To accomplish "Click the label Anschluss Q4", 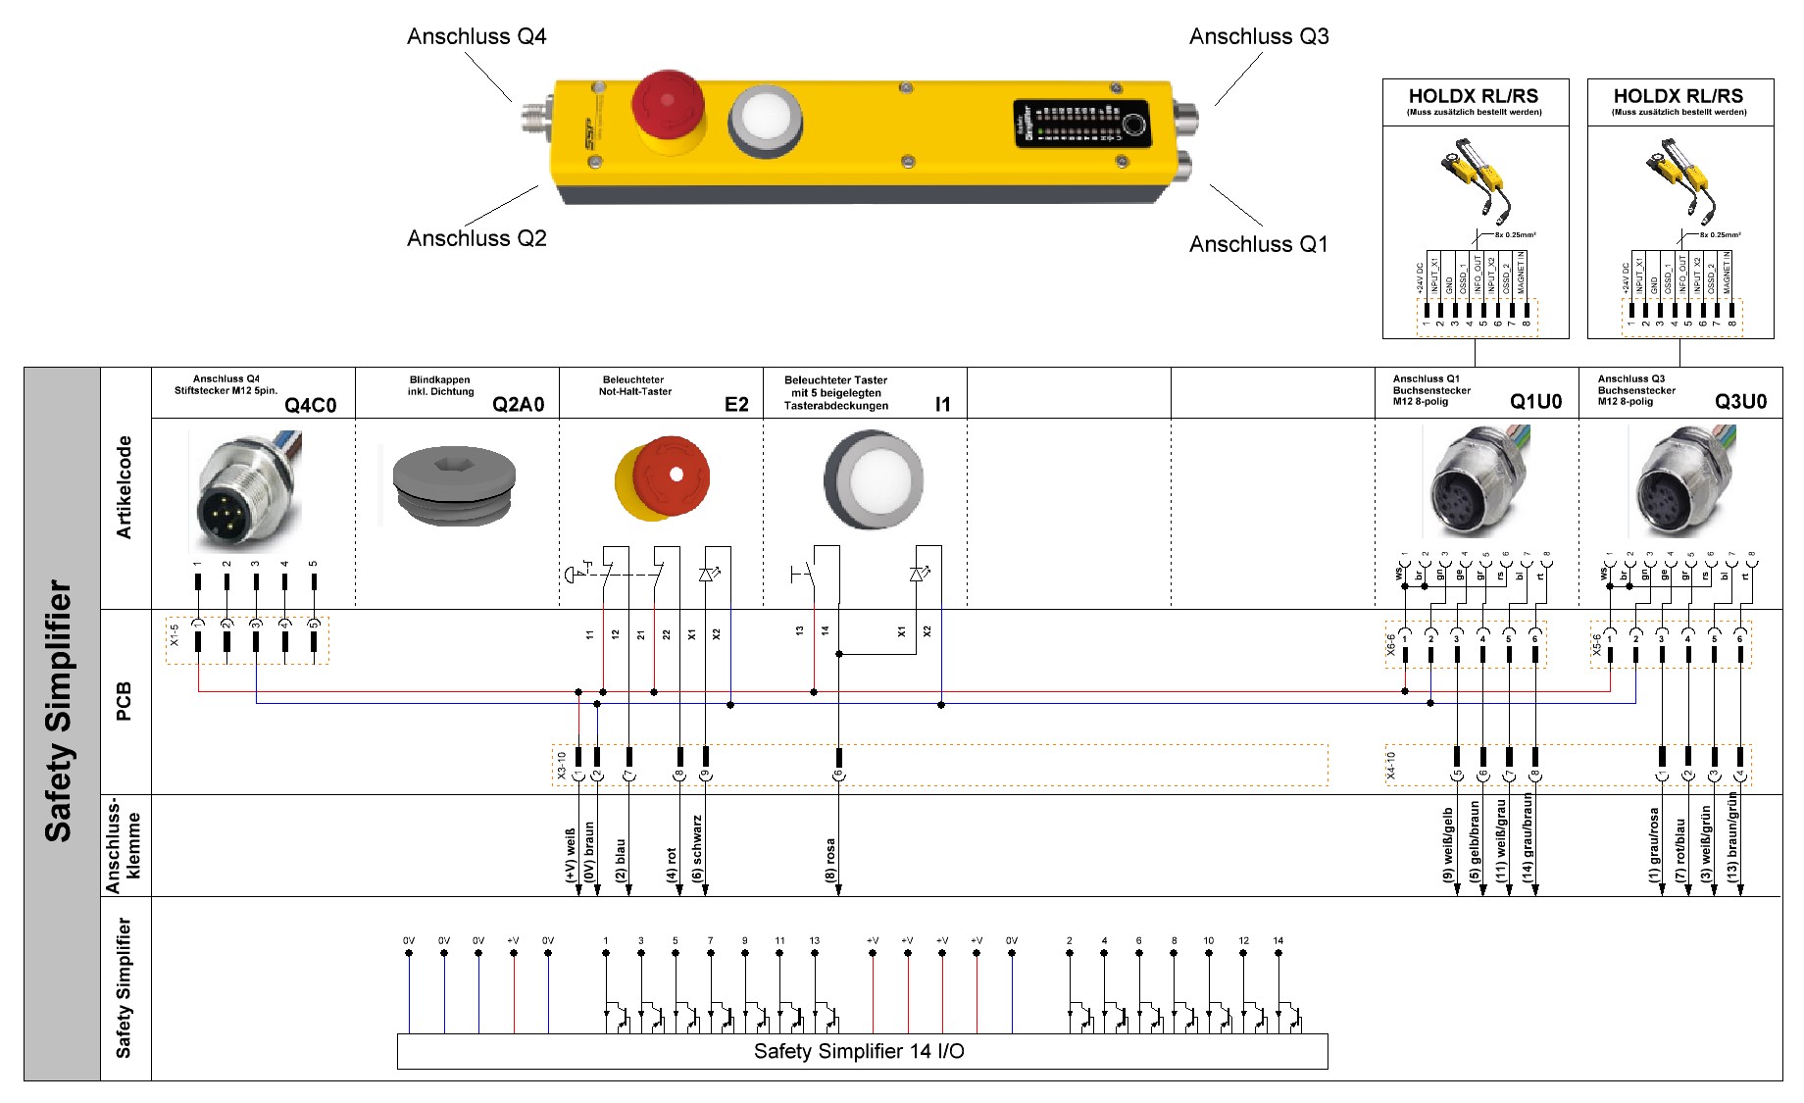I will [x=476, y=37].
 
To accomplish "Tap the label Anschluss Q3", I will [x=1259, y=37].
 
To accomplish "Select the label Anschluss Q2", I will [x=476, y=238].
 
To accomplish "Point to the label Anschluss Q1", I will [x=1259, y=244].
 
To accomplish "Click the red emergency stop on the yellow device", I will [x=667, y=105].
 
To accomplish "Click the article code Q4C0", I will [x=311, y=405].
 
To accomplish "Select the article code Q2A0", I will [x=518, y=405].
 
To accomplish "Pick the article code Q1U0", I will [x=1535, y=402].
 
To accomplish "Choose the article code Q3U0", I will [x=1740, y=402].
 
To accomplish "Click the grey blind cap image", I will [x=454, y=484].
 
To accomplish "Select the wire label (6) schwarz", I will [x=697, y=848].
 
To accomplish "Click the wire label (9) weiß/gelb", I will [x=1448, y=843].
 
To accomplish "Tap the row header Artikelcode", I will [x=125, y=487].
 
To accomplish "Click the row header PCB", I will [x=125, y=702].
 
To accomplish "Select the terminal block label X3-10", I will [x=562, y=766].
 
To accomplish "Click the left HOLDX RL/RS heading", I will [x=1474, y=96].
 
